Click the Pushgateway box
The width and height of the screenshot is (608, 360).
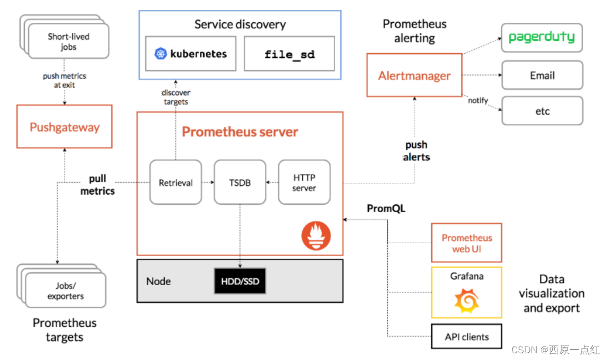tap(64, 127)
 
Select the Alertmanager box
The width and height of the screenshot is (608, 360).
tap(414, 75)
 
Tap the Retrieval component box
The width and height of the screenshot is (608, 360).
tap(176, 182)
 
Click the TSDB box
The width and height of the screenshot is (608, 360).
tap(240, 182)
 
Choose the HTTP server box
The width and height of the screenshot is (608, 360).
tap(304, 182)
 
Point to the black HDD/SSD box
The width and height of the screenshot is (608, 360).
tap(240, 281)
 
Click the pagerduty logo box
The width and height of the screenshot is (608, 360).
tap(541, 37)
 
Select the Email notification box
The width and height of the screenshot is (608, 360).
tap(542, 75)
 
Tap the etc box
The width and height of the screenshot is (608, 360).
tap(542, 111)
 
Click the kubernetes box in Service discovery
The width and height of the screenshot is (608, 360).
tap(191, 54)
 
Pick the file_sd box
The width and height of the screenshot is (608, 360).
tap(289, 54)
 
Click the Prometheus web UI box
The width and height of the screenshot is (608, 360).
tap(466, 243)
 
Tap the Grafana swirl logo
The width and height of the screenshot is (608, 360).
tap(466, 301)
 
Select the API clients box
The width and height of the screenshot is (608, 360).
tap(466, 337)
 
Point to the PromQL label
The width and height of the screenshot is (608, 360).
tap(386, 209)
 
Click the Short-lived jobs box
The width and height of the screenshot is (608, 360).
tap(68, 42)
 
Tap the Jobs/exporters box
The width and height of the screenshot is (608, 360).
tap(66, 291)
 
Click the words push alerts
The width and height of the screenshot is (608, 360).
tap(416, 151)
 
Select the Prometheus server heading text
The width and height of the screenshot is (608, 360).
tap(240, 132)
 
